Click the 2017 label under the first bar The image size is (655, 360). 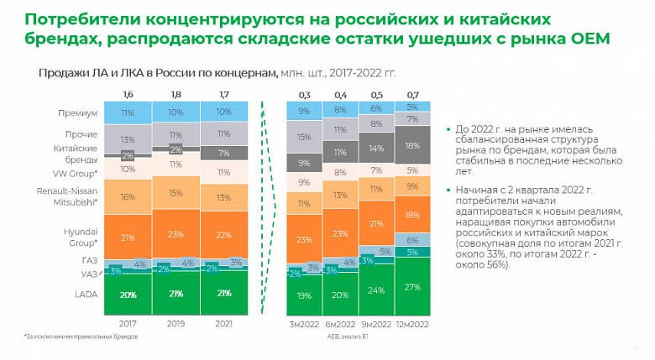[128, 321]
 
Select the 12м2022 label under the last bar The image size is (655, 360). [414, 321]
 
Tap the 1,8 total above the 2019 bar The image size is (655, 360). [176, 94]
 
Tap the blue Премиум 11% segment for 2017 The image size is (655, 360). [128, 112]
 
